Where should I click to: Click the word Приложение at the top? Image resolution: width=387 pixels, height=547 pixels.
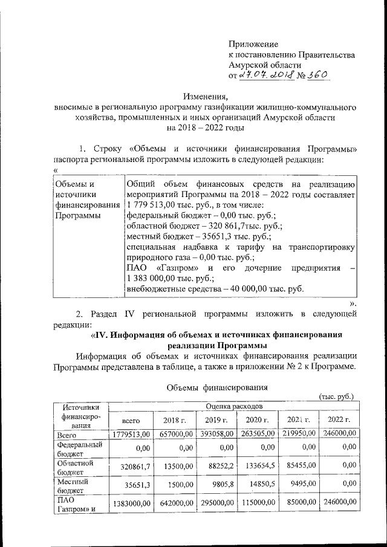click(253, 44)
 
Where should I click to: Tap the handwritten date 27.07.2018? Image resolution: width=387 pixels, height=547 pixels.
click(266, 75)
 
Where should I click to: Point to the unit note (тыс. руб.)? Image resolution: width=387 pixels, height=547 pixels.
click(336, 396)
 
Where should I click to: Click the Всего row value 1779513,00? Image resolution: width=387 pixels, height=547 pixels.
click(132, 433)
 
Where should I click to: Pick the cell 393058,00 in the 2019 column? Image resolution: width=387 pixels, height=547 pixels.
click(215, 433)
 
